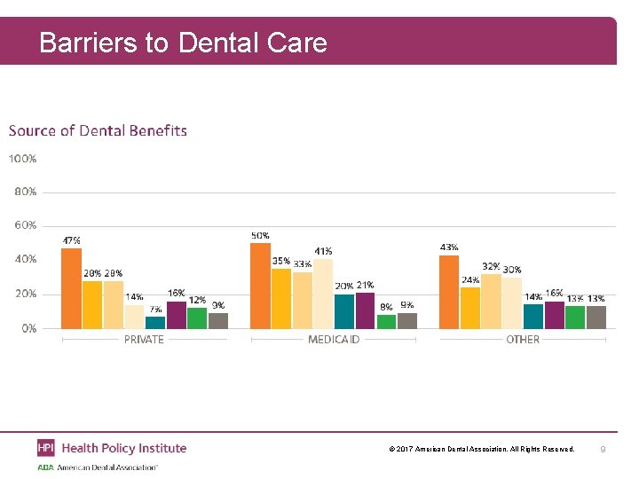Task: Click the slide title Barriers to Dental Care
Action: [183, 42]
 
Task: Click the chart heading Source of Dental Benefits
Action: [98, 131]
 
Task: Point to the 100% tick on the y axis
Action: [23, 159]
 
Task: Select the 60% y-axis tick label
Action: [26, 225]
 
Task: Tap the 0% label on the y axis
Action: [28, 328]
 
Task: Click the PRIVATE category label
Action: [143, 340]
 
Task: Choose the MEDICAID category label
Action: [334, 340]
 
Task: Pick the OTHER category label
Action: [523, 340]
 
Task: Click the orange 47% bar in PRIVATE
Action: [71, 288]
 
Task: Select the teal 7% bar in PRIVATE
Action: [155, 322]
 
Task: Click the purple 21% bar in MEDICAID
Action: [365, 310]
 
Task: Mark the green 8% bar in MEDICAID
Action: [386, 321]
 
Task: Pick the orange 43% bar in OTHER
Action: [449, 292]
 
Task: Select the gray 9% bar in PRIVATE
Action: [218, 320]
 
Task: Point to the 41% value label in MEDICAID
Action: [323, 252]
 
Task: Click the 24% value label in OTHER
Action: [470, 280]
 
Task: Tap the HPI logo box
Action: [45, 448]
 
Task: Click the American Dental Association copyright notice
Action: [481, 450]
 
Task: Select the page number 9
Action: [603, 450]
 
